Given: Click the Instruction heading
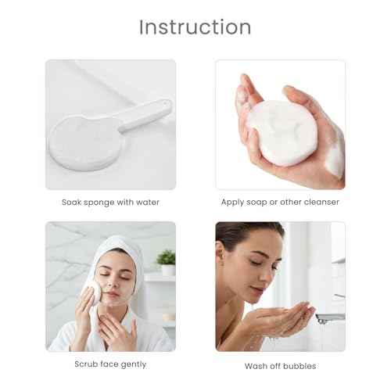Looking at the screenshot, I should [195, 27].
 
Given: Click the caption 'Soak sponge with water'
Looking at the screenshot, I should [110, 202].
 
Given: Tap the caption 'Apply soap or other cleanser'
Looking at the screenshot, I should [280, 202].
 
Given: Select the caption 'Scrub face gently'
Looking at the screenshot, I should [110, 364].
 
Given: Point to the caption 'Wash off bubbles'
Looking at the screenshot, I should [280, 365].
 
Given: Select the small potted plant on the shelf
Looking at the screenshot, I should [165, 259].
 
